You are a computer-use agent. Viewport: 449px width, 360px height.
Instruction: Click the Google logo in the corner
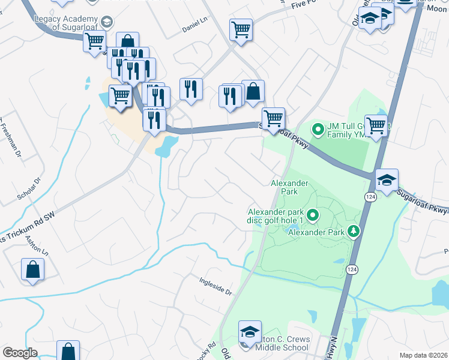click(x=20, y=352)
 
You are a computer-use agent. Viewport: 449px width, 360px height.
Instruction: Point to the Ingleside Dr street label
click(x=216, y=284)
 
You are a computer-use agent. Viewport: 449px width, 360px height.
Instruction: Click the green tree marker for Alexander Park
click(x=354, y=231)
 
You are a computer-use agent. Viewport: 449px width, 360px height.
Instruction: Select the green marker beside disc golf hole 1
click(x=312, y=214)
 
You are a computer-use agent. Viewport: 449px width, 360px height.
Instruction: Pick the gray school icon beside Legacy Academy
click(x=107, y=22)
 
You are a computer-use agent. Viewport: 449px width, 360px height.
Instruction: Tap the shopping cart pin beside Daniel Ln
click(x=240, y=28)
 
